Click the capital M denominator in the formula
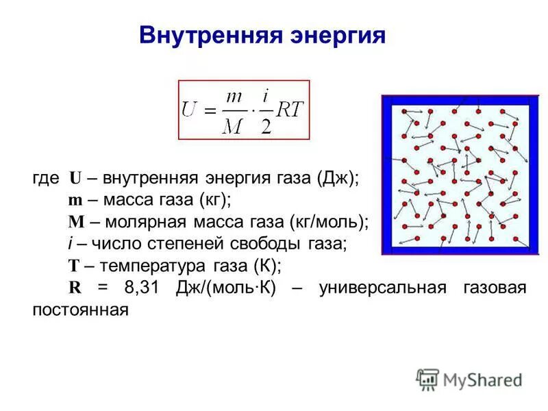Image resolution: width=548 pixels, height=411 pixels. pos(234,125)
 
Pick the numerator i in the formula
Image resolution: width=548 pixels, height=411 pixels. pos(266,96)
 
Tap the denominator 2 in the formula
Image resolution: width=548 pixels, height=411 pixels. pos(266,125)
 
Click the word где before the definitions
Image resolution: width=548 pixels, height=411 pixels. pos(46,177)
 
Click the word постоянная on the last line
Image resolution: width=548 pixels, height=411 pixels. pos(80,309)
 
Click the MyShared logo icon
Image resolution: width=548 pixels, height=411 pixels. pos(427,379)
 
